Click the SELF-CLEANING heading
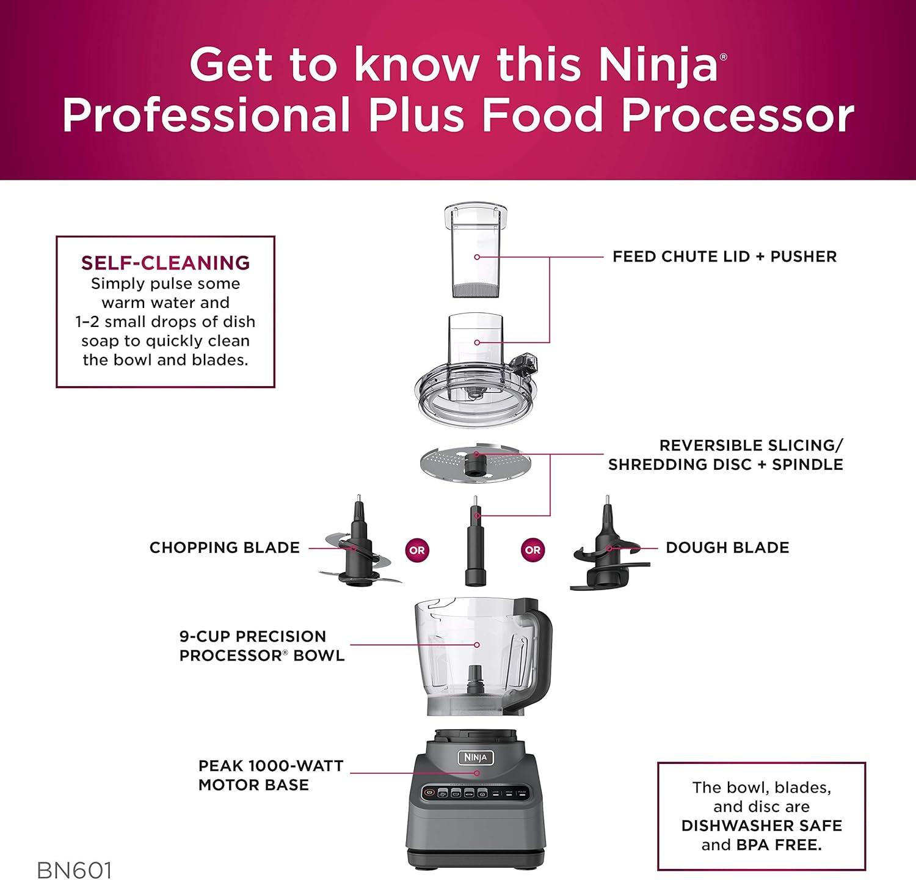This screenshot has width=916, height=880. point(165,263)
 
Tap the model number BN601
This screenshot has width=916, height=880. point(74,870)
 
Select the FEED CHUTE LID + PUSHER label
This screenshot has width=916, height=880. point(724,257)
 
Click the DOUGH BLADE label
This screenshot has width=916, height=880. point(727,548)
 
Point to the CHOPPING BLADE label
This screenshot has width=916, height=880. point(225,548)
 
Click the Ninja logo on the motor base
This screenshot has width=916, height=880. point(476,758)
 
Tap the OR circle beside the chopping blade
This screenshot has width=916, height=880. point(417,550)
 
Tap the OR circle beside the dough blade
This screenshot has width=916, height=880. point(533,550)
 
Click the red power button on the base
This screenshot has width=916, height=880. point(429,793)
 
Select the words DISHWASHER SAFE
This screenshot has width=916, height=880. point(762,826)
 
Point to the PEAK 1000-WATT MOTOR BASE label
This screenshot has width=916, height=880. point(271,775)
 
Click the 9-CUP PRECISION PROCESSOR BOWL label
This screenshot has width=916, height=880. point(262,645)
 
